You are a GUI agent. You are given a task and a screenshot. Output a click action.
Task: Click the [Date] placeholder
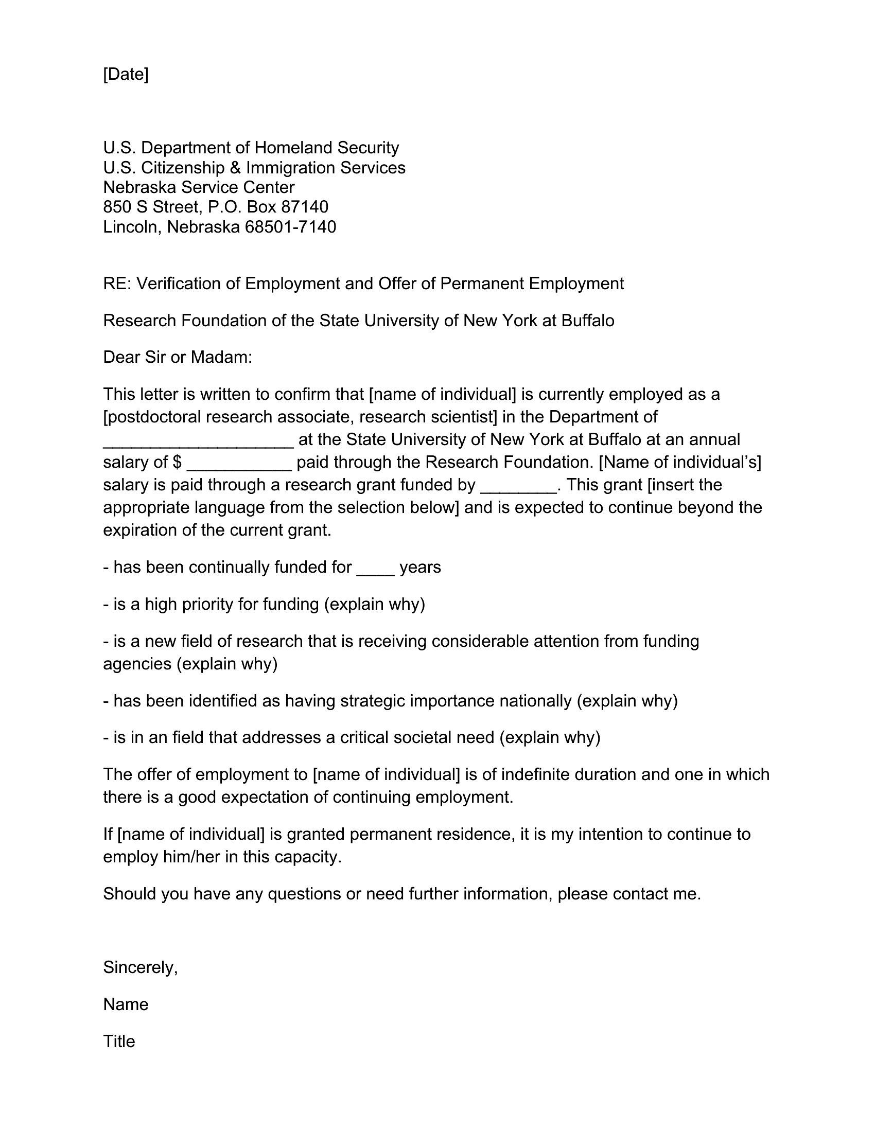(126, 75)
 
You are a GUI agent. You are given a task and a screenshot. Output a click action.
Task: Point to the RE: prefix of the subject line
(117, 284)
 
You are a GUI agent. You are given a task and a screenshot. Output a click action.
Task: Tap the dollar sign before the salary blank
(177, 463)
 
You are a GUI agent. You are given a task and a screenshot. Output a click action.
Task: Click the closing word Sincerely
(140, 968)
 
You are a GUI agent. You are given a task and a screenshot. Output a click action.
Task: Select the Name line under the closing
(126, 1004)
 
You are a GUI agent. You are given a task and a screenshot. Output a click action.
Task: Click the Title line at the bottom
(119, 1041)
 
